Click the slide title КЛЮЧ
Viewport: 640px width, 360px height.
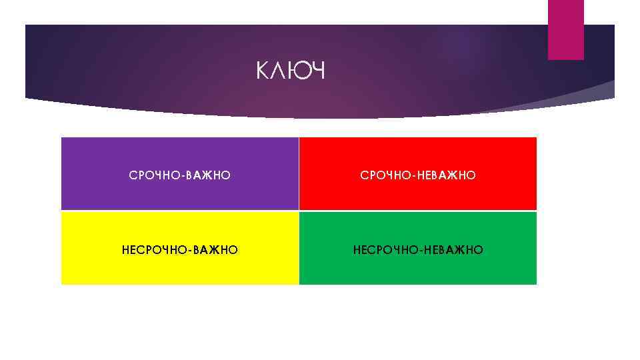(x=290, y=70)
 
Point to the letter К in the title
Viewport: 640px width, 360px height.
(x=263, y=70)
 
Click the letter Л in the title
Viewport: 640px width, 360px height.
(x=279, y=70)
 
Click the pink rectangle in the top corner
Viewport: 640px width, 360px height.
(x=565, y=29)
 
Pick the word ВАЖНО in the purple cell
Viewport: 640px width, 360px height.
(x=209, y=175)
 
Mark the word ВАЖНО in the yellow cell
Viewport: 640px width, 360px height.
(x=217, y=250)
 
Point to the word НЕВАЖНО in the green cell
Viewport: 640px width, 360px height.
(x=454, y=250)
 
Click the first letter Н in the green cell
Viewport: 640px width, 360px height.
(x=357, y=250)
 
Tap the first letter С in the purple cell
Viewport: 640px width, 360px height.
(x=133, y=175)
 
